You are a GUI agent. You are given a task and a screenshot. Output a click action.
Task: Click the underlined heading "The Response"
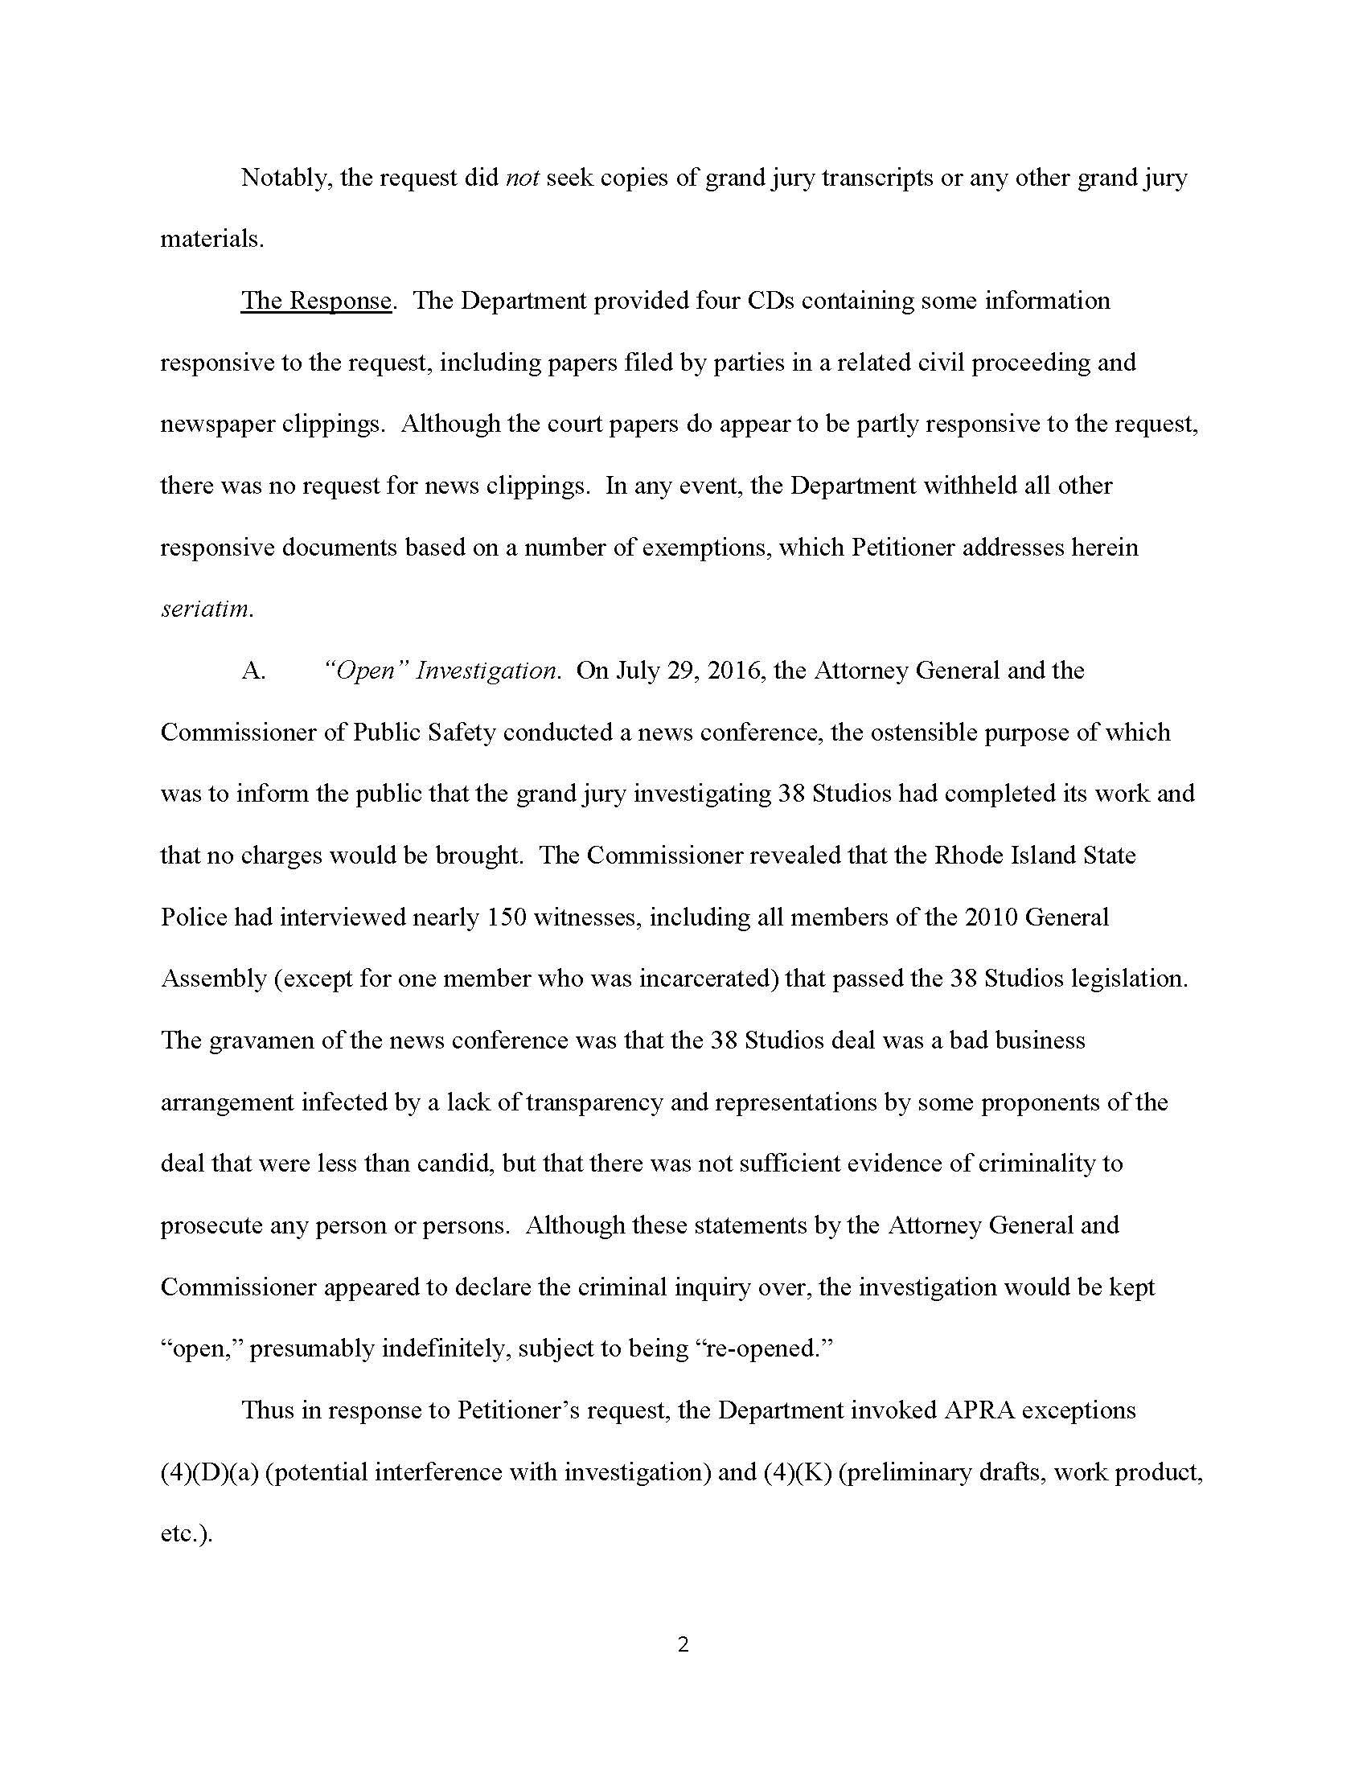coord(316,301)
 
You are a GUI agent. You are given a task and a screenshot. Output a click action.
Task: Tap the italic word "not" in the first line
coord(523,178)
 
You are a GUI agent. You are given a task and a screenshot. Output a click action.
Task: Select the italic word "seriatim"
coord(207,610)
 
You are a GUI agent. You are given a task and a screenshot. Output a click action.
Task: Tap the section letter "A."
coord(253,671)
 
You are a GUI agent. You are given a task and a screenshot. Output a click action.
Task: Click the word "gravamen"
coord(261,1040)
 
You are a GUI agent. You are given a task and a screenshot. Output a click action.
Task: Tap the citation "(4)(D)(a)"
coord(209,1471)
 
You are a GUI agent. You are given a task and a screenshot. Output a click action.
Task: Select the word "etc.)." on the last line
coord(187,1533)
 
